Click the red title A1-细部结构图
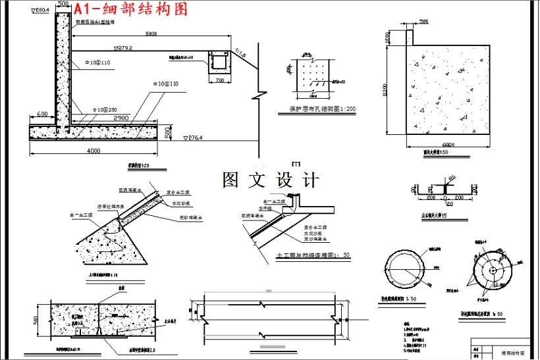(x=130, y=9)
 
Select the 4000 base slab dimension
(x=94, y=151)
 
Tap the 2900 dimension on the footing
(x=121, y=116)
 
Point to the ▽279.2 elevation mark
(x=123, y=47)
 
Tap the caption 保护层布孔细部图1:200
(x=323, y=109)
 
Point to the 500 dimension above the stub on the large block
(x=423, y=22)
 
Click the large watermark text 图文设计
(x=271, y=180)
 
